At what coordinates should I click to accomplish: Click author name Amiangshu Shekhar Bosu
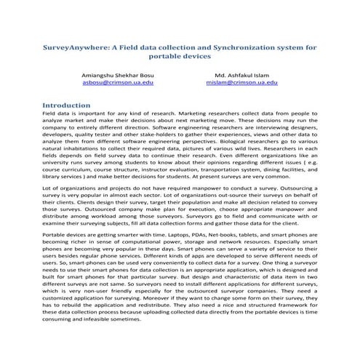114,76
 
